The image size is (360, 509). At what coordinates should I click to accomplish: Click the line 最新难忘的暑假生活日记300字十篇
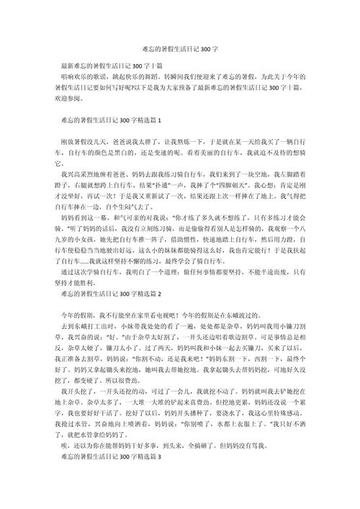point(111,66)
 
